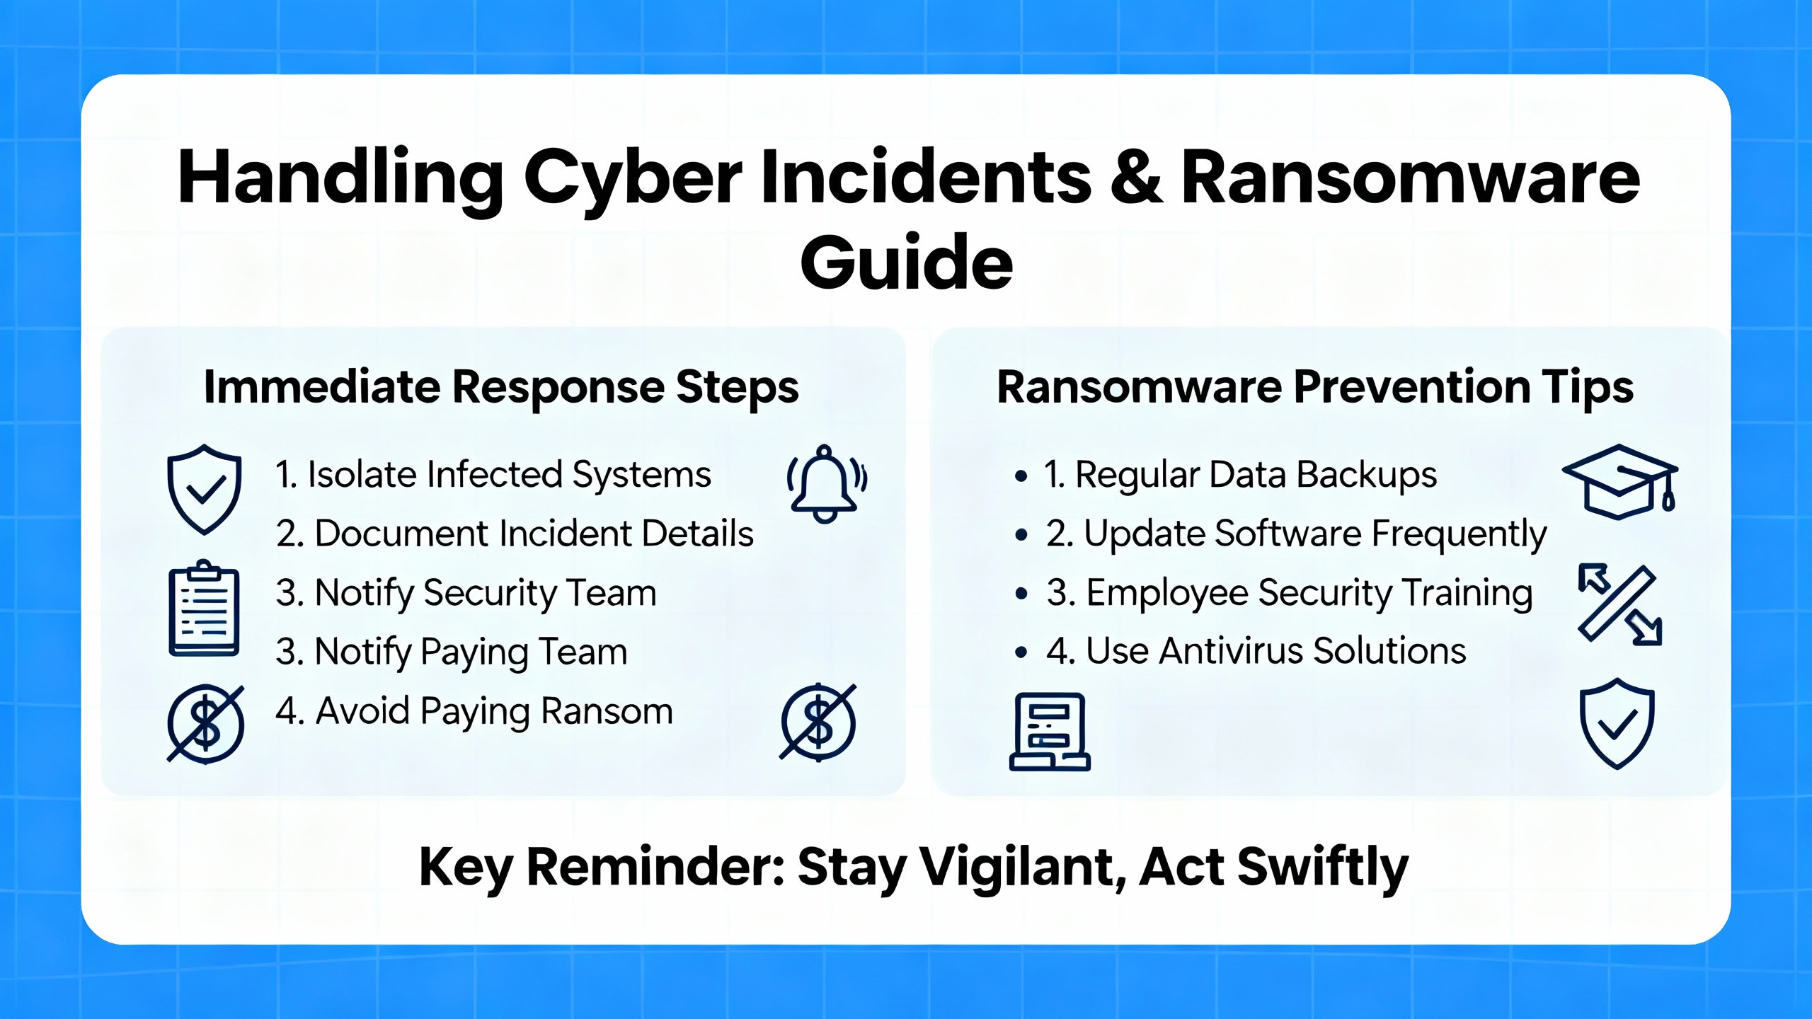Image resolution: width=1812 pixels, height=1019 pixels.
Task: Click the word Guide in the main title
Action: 907,263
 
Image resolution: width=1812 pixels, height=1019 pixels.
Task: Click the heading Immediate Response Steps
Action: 501,388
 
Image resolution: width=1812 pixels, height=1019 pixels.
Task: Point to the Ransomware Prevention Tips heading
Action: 1315,388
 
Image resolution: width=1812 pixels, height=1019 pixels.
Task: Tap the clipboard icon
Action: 204,609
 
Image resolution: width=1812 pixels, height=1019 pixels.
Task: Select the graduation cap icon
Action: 1620,481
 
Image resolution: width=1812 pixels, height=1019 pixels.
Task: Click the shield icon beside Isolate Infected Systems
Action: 204,489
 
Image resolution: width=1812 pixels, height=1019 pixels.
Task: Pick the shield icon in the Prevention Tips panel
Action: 1617,723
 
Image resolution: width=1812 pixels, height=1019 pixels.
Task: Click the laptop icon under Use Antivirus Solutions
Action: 1050,732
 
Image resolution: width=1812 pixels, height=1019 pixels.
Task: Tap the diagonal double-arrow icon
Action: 1619,604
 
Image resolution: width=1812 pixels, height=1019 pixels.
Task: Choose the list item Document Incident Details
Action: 515,534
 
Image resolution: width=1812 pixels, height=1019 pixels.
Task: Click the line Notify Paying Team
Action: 452,652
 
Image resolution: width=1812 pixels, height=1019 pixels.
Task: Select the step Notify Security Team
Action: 466,593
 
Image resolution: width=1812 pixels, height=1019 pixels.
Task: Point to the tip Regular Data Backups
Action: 1240,475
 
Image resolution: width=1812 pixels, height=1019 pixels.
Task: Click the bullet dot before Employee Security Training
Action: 1021,594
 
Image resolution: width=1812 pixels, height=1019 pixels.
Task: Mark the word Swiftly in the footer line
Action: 1323,868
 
